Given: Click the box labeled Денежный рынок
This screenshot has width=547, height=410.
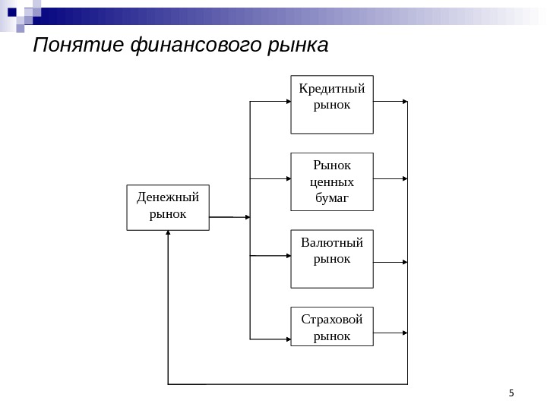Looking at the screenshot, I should pos(167,207).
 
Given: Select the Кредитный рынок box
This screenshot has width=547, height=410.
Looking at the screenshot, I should pos(332,104).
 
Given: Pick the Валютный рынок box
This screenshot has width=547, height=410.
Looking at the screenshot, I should pos(332,259).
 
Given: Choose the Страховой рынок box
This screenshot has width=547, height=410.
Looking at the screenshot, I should pos(332,326).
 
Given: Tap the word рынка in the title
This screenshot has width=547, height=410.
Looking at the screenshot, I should pos(297,46).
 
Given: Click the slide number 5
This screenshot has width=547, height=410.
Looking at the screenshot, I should pos(511,393).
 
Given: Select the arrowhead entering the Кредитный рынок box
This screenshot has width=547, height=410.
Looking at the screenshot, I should pos(287,101).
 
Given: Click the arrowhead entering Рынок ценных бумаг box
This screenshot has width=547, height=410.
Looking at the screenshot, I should pos(287,179).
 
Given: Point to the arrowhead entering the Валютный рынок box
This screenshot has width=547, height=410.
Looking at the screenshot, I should pos(287,256).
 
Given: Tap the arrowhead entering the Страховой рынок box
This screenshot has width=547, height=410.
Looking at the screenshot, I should pos(287,337).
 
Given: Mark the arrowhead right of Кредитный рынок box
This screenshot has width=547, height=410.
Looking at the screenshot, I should pos(404,101).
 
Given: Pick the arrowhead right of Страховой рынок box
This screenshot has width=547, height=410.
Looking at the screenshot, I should pos(404,333).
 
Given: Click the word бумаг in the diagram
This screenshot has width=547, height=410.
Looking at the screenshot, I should pos(332,198).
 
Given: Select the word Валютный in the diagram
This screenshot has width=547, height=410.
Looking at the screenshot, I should pos(332,243).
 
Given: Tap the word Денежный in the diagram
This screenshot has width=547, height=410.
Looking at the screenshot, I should pos(167,197).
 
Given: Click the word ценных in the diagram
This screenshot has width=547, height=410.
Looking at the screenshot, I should pos(332,182).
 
